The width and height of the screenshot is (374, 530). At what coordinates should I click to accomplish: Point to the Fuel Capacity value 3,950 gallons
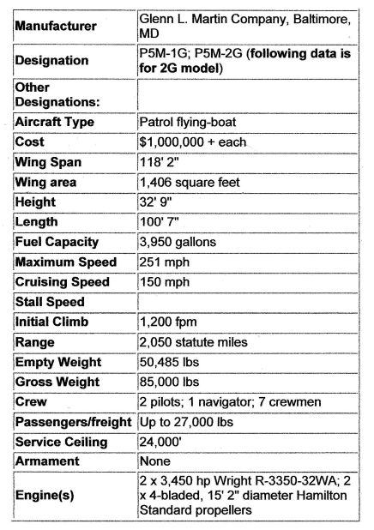(177, 242)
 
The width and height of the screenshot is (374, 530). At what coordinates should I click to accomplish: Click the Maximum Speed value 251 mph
(162, 262)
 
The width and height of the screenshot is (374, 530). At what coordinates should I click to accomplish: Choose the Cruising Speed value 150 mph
(162, 281)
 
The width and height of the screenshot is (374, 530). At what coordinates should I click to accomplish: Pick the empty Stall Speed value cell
(249, 301)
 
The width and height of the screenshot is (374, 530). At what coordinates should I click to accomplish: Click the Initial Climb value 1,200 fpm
(167, 322)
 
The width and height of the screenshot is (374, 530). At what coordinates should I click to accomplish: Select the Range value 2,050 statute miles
(193, 341)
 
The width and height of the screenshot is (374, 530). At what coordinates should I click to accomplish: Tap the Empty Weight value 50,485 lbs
(171, 361)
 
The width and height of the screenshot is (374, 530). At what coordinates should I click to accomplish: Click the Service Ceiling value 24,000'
(160, 442)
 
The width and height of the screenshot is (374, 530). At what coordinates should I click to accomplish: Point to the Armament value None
(155, 461)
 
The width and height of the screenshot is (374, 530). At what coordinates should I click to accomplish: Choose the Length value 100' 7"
(158, 221)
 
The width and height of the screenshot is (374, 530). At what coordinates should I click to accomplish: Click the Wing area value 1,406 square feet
(190, 182)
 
